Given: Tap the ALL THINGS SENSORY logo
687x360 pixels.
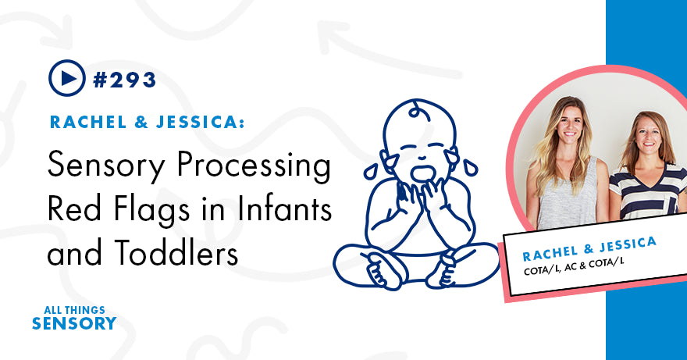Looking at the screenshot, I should pos(74,315).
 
